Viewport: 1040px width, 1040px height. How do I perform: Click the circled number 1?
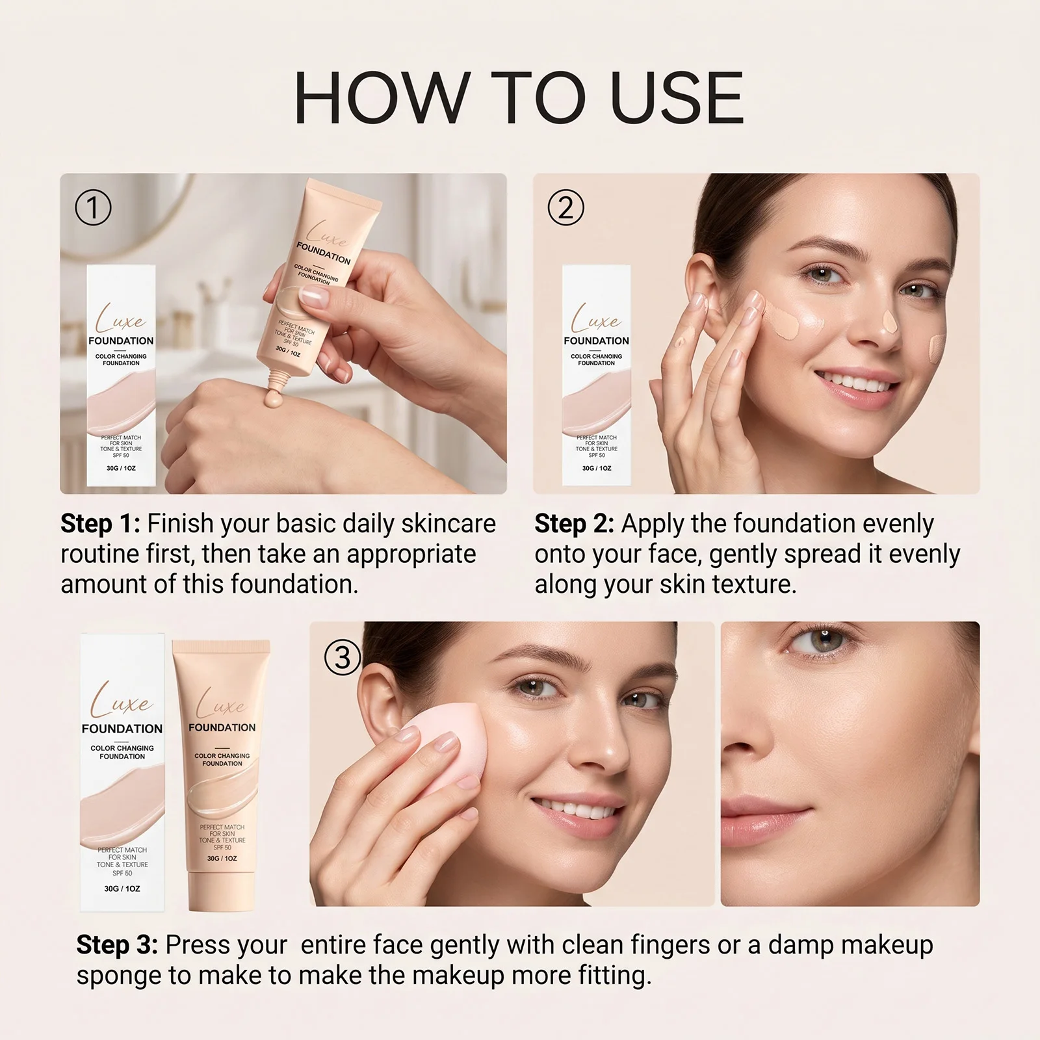[93, 208]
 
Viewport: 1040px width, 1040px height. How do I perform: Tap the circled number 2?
[565, 208]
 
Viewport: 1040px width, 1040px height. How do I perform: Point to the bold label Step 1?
[100, 524]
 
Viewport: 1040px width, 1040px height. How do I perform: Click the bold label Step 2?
[575, 524]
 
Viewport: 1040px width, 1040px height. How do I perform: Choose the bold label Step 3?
[117, 945]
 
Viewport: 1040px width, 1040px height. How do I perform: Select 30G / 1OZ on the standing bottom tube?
[222, 859]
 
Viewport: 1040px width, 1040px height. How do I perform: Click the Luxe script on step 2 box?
[595, 318]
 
